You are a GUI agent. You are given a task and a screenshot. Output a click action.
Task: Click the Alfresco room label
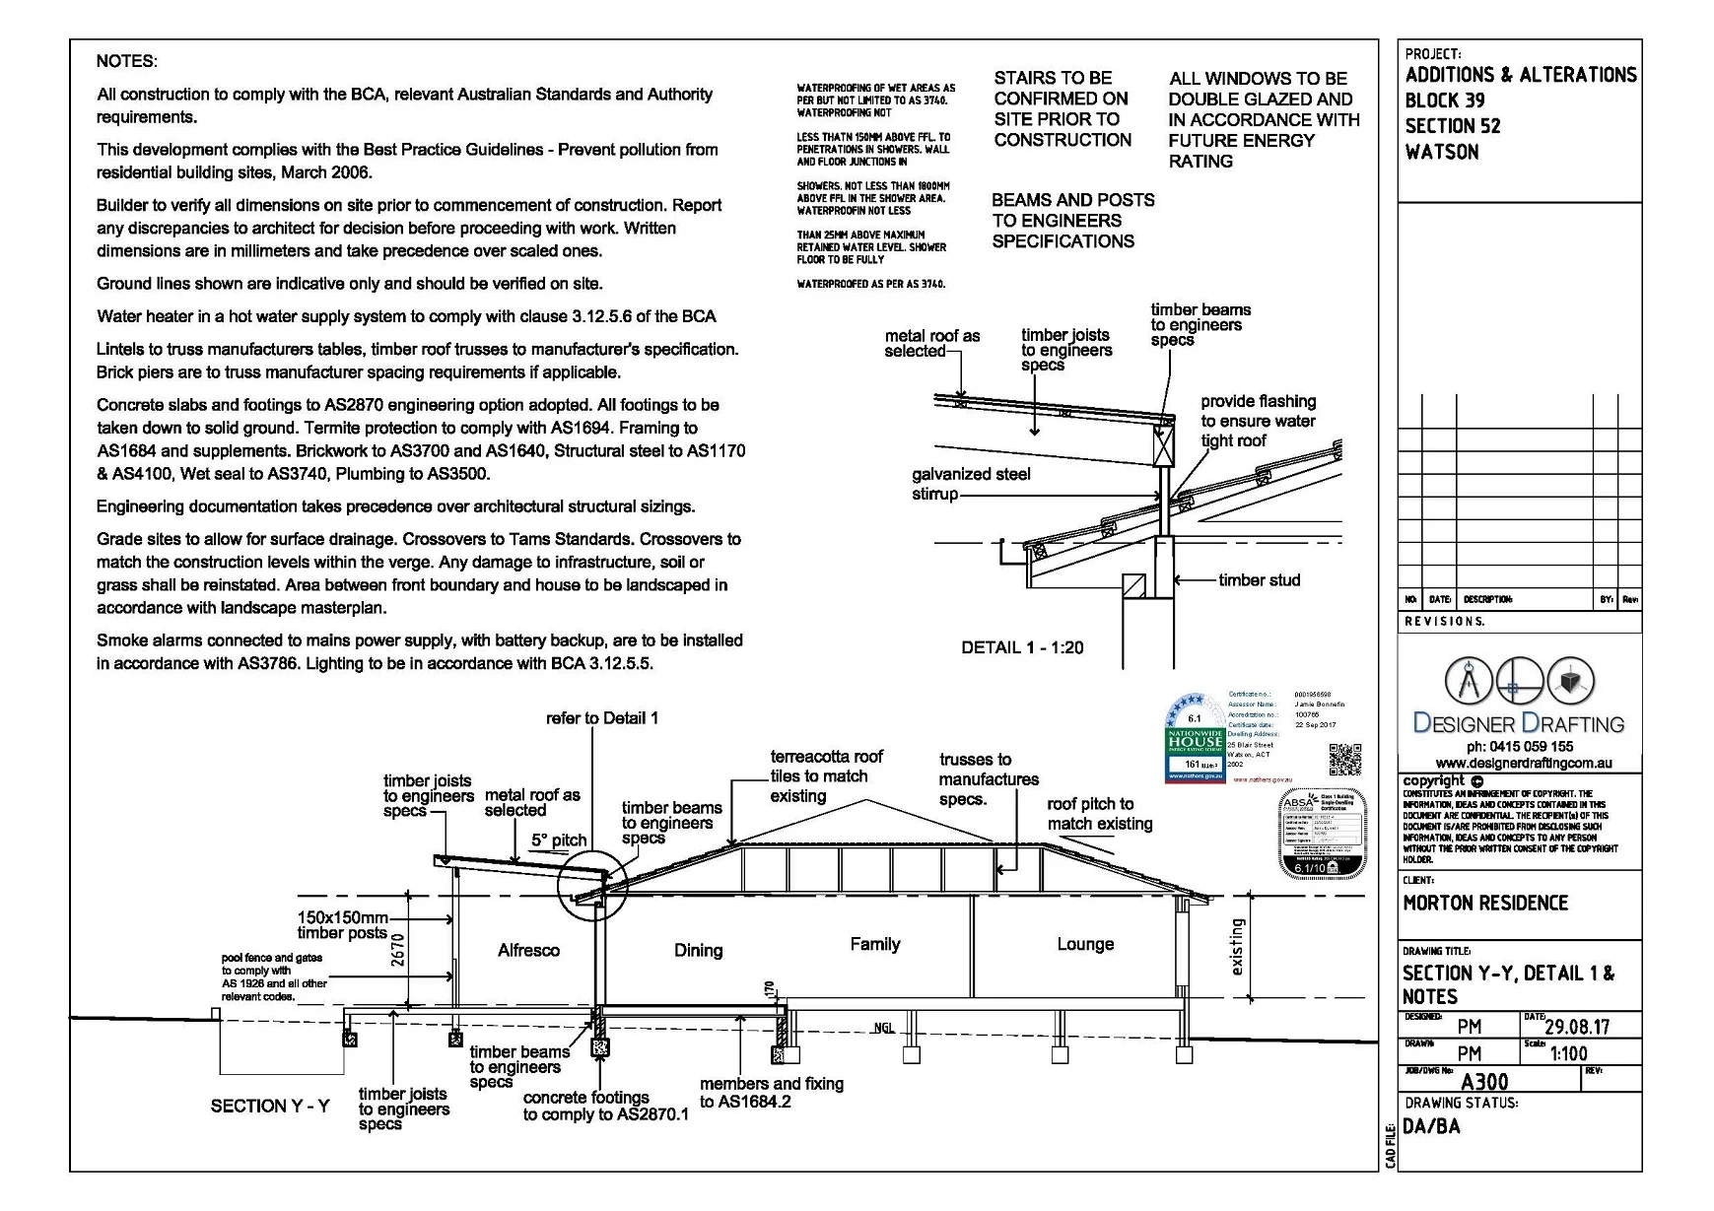click(x=528, y=950)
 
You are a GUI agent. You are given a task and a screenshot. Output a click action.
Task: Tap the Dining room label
click(x=698, y=950)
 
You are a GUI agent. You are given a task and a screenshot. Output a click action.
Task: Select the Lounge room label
click(x=1085, y=944)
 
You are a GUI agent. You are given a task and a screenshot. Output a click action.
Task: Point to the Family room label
click(x=875, y=944)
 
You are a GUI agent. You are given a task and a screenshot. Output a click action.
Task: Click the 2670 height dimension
click(x=398, y=949)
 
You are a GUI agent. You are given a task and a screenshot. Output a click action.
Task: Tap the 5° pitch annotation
click(x=559, y=841)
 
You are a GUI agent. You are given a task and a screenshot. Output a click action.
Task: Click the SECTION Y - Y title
click(x=270, y=1106)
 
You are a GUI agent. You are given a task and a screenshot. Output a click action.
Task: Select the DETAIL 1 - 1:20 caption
click(x=1022, y=647)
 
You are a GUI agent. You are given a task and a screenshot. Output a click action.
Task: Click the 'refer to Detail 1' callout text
click(x=602, y=717)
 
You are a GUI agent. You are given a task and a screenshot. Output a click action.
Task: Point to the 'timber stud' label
click(x=1259, y=580)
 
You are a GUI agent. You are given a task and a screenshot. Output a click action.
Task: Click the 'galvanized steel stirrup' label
click(x=970, y=484)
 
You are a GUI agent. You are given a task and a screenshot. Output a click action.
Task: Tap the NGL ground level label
click(x=884, y=1028)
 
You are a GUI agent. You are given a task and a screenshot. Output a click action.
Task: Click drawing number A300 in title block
click(x=1484, y=1082)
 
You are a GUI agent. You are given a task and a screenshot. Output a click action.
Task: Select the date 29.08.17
click(x=1576, y=1027)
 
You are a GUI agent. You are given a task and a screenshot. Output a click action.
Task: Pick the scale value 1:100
click(x=1568, y=1053)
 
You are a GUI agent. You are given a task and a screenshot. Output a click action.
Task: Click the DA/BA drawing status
click(x=1431, y=1126)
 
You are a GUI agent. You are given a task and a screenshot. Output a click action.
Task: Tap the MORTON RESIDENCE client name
click(x=1484, y=903)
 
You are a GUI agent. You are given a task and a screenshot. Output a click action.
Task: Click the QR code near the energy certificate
click(x=1344, y=759)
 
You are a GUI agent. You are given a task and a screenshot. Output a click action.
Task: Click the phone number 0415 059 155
click(x=1519, y=746)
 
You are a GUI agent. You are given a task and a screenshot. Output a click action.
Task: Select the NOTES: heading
click(x=126, y=61)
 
